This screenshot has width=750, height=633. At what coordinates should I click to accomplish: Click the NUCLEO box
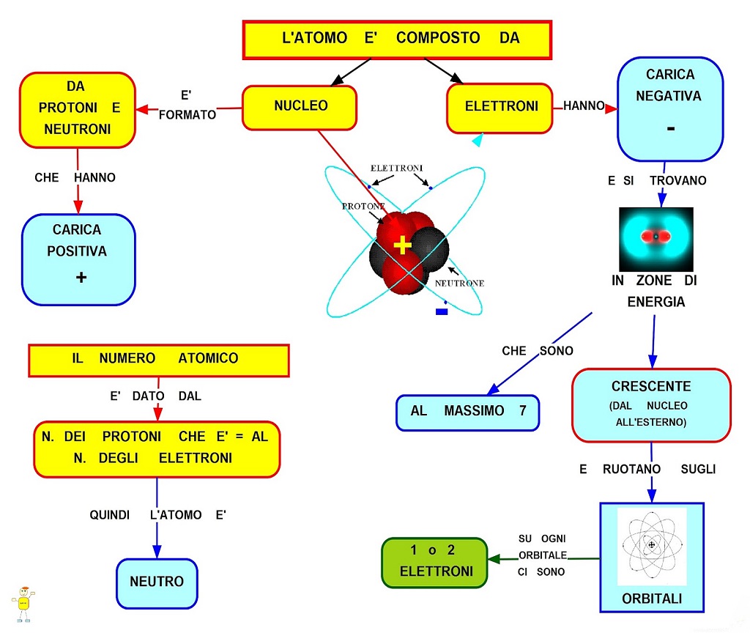[300, 108]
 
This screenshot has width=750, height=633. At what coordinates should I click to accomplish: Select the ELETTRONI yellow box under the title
[500, 108]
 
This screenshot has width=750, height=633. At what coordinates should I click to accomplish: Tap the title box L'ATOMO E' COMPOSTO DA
[397, 40]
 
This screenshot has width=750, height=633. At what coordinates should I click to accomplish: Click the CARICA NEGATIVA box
[670, 109]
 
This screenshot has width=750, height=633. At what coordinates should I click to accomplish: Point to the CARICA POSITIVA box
[78, 259]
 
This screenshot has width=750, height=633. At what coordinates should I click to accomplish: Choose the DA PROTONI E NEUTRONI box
[78, 110]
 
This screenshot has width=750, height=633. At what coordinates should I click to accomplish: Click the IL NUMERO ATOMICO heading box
[159, 360]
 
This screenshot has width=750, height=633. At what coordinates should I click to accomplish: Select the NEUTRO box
[157, 583]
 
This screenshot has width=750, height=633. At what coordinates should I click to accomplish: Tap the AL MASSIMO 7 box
[468, 412]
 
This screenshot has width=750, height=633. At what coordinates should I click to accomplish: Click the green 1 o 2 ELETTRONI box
[434, 562]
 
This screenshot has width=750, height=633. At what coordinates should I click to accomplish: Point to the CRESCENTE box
[651, 405]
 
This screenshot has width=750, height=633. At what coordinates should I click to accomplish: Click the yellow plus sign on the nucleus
[402, 245]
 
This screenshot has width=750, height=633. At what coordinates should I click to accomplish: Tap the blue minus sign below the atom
[442, 312]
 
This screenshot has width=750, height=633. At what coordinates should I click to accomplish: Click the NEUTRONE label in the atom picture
[459, 284]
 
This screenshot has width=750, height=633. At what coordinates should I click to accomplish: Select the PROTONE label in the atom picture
[363, 206]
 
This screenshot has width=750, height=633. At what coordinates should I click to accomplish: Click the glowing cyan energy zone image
[656, 240]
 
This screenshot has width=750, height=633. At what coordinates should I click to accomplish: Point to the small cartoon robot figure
[23, 604]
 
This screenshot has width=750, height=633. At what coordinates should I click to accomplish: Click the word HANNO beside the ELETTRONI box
[584, 105]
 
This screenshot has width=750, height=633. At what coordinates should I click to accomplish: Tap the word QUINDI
[110, 515]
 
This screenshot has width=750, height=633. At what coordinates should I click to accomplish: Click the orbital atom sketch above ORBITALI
[651, 546]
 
